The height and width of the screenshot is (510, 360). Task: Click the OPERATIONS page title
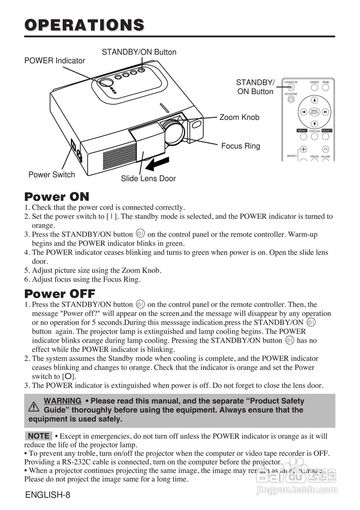point(84,25)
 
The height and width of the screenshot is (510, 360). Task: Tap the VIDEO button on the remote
point(315,87)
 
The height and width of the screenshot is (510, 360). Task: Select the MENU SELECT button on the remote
point(315,112)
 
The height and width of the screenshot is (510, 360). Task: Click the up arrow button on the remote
point(315,100)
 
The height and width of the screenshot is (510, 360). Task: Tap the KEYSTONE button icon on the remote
point(291,100)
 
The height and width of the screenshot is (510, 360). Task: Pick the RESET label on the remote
point(327,131)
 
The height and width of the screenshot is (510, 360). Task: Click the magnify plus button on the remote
point(303,149)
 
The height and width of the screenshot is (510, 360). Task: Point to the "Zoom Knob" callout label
point(239,117)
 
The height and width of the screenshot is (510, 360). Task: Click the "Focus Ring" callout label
point(240,146)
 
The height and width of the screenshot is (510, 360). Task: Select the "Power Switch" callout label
point(51,175)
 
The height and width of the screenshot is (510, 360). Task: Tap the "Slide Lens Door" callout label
point(148,178)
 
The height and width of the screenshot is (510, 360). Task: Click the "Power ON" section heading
point(57,196)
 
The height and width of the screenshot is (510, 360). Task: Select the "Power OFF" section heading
point(60,294)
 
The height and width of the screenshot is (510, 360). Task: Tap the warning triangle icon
point(34,406)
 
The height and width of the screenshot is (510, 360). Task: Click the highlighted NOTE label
point(39,436)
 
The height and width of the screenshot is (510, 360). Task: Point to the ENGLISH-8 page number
point(47,495)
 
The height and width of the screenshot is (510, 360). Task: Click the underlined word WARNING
point(63,401)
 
